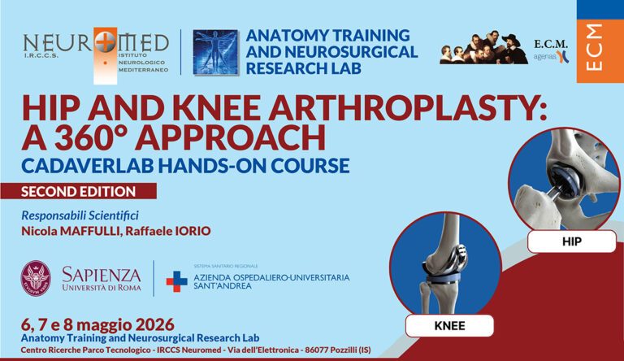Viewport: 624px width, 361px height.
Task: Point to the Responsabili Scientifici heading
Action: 80,215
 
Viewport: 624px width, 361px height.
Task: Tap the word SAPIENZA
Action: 102,272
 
